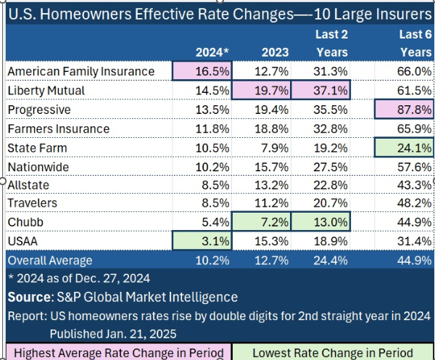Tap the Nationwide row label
tap(38, 166)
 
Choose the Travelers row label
tap(33, 203)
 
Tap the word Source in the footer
tap(28, 297)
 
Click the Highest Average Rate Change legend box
tap(117, 352)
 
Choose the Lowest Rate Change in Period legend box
tap(333, 352)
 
